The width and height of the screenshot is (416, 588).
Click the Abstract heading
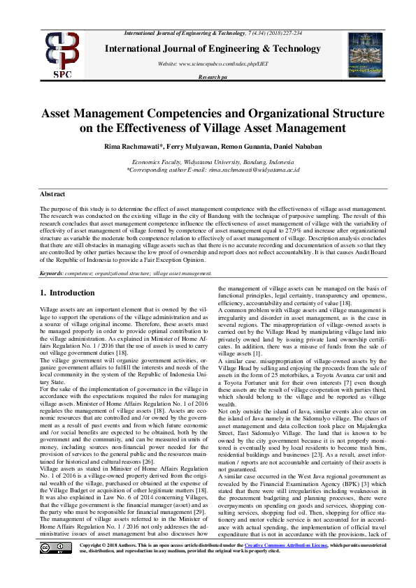point(52,193)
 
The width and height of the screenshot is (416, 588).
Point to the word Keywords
point(52,273)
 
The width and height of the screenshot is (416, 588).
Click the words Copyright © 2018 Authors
point(105,564)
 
